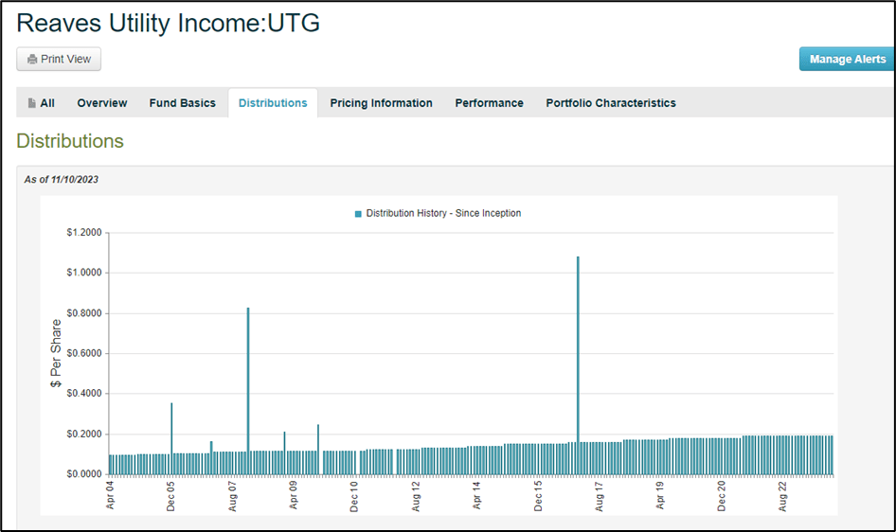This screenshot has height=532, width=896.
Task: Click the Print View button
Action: tap(59, 59)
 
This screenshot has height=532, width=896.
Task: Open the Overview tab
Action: tap(102, 103)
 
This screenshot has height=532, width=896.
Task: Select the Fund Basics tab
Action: tap(182, 103)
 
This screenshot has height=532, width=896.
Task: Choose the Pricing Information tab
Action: tap(381, 103)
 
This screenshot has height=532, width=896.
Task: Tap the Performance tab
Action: tap(489, 103)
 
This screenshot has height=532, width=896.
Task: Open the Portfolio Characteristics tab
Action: tap(611, 103)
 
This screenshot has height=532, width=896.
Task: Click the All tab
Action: tap(41, 103)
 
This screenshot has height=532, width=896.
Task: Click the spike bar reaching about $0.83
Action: tap(248, 388)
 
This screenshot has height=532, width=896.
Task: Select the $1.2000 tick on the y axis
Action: tap(84, 233)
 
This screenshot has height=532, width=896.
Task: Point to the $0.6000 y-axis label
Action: tap(84, 353)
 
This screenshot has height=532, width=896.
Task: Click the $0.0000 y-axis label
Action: tap(84, 473)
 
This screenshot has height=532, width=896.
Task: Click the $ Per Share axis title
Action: tap(56, 353)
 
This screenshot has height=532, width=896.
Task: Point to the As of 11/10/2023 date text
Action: tap(62, 179)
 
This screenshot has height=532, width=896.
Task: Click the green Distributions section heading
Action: tap(70, 141)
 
